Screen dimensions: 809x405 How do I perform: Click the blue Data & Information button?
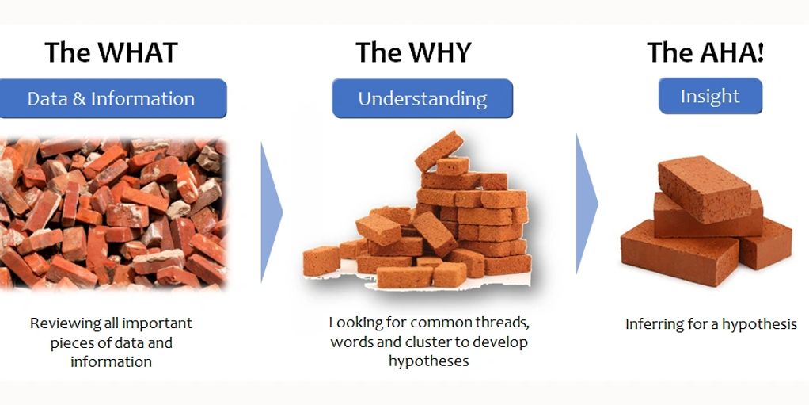pyautogui.click(x=112, y=98)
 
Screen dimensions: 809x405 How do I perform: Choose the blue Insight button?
pyautogui.click(x=710, y=96)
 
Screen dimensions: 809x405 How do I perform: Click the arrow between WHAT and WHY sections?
pyautogui.click(x=272, y=212)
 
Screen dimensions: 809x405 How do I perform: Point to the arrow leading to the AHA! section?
pyautogui.click(x=587, y=204)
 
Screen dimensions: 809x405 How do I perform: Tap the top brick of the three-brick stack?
pyautogui.click(x=705, y=189)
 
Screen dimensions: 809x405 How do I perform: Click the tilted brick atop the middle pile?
pyautogui.click(x=439, y=151)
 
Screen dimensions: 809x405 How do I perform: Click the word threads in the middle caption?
pyautogui.click(x=502, y=323)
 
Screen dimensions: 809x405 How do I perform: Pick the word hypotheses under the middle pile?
pyautogui.click(x=429, y=361)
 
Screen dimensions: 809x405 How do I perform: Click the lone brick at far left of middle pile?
pyautogui.click(x=321, y=261)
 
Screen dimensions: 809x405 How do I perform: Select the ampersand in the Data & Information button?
pyautogui.click(x=79, y=98)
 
